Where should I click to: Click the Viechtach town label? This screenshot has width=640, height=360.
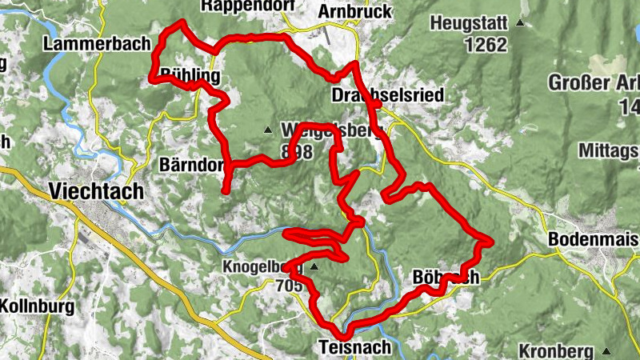click(96, 191)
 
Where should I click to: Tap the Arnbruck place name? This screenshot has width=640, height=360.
click(354, 11)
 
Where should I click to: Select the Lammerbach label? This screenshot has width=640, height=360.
click(98, 44)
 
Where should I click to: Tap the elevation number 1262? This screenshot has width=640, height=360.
click(485, 45)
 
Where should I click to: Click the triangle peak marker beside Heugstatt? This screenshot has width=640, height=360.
click(521, 23)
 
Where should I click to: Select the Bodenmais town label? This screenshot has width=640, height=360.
click(593, 239)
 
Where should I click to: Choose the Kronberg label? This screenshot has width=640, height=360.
click(555, 350)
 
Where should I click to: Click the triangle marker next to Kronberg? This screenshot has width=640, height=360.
click(606, 351)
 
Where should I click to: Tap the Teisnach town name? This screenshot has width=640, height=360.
click(355, 347)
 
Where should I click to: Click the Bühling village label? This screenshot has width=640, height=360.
click(190, 77)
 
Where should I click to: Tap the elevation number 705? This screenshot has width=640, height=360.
click(289, 285)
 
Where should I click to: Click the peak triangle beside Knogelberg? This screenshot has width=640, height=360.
click(314, 266)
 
